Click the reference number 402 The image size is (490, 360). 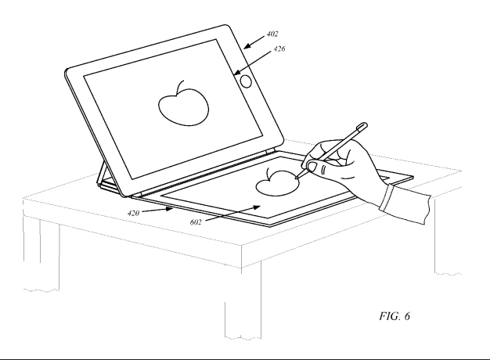pos(272,34)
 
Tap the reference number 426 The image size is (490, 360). pos(279,49)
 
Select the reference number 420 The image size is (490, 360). pos(133,213)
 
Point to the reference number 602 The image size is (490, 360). pos(196,222)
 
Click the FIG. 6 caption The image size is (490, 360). pos(395,316)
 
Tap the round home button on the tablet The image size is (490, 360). pos(247,81)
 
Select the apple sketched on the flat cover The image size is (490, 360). pos(277,183)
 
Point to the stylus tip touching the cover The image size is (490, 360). pos(297,178)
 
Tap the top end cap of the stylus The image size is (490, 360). pos(362,126)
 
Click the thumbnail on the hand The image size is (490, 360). pos(312,167)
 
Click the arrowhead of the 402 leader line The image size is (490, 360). pos(247,46)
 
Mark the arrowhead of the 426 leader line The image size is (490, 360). pos(237,73)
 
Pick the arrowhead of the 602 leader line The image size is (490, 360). pos(257,207)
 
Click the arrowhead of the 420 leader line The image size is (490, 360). pos(171,209)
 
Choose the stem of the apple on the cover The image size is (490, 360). pos(268,174)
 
